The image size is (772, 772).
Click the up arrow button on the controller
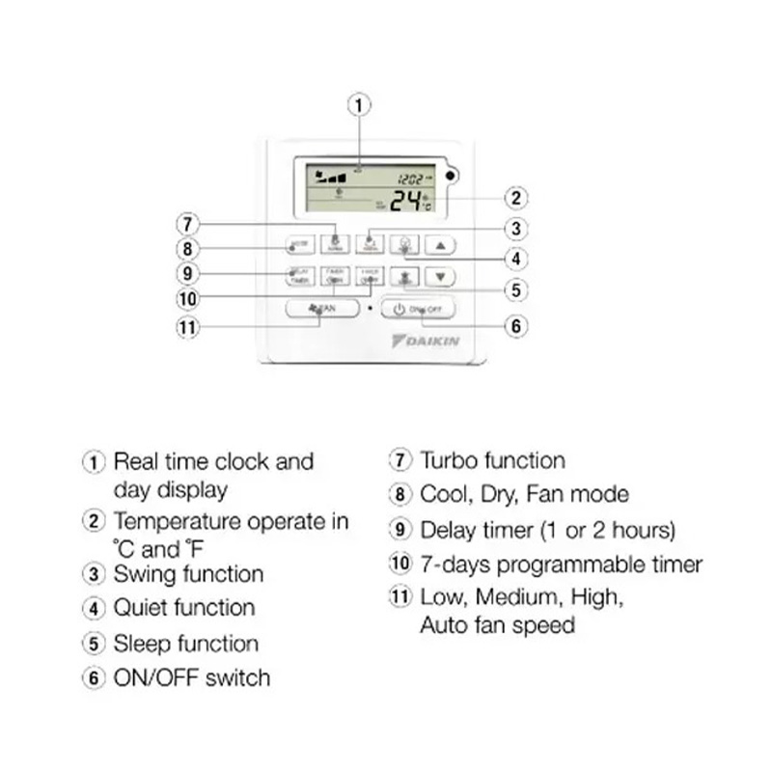click(x=439, y=245)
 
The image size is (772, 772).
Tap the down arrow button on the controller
click(x=439, y=276)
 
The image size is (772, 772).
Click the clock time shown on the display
click(x=410, y=179)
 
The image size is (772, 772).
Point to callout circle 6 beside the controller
click(x=517, y=326)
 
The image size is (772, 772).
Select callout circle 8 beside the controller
click(x=187, y=248)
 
